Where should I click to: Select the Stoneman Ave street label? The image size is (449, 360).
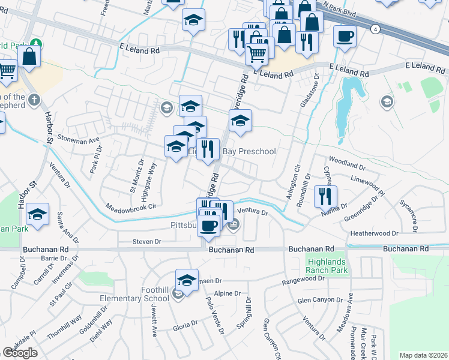79,140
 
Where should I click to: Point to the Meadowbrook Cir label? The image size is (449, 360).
130,206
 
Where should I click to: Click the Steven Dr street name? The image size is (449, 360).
147,242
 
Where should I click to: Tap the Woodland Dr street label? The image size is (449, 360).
343,162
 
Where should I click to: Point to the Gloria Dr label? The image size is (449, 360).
185,325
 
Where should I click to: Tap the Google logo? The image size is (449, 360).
20,353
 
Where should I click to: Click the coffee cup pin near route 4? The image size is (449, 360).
345,36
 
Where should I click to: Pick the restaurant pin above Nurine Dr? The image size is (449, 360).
325,195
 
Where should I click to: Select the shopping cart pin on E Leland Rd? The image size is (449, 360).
257,55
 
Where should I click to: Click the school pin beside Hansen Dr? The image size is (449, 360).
187,280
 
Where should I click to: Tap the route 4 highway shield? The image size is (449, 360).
375,28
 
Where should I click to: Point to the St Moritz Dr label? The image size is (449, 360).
136,172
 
